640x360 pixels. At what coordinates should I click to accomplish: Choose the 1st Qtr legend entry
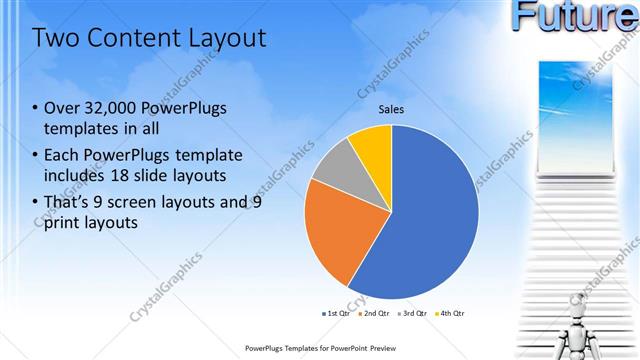(336, 313)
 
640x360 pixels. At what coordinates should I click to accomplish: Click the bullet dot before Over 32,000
(36, 108)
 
